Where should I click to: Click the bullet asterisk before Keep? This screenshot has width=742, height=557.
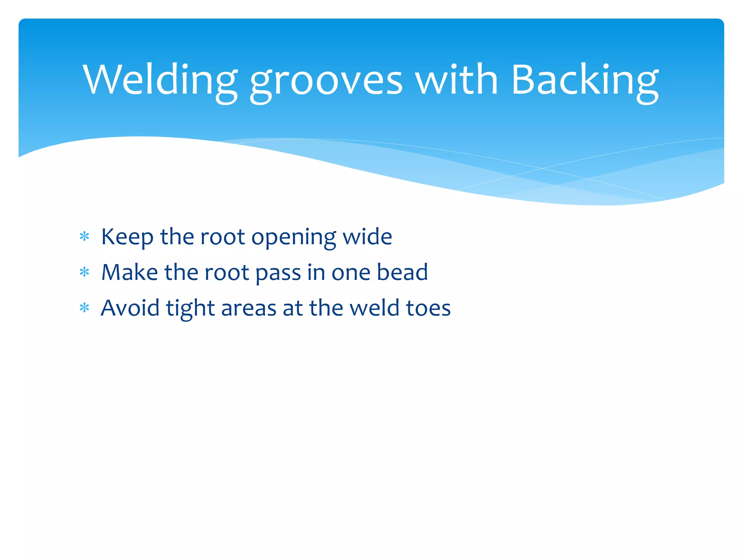click(84, 237)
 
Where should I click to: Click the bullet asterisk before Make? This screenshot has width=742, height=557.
click(84, 272)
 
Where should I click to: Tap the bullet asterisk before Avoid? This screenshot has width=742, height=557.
click(84, 308)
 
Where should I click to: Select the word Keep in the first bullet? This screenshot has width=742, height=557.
click(127, 238)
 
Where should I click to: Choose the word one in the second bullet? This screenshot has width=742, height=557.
click(351, 273)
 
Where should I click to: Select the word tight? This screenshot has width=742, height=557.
click(190, 309)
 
